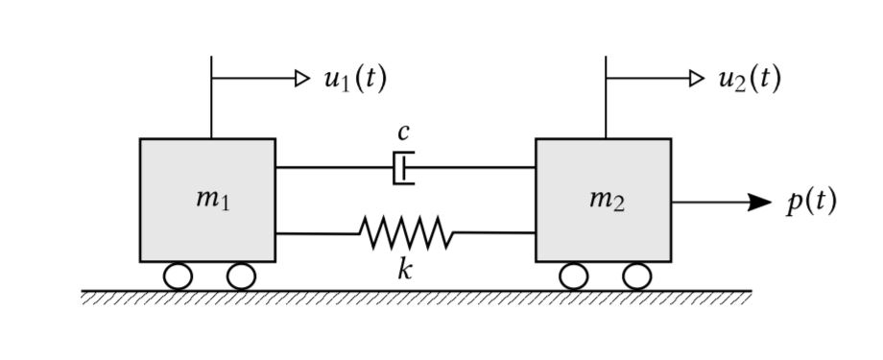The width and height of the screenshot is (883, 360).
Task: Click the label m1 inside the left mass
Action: tap(212, 199)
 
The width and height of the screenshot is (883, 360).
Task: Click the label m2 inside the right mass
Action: tap(607, 199)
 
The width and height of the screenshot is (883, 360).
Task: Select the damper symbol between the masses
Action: tap(404, 168)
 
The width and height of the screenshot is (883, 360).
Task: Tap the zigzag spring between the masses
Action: tap(406, 232)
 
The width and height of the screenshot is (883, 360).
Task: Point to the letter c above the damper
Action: tap(404, 132)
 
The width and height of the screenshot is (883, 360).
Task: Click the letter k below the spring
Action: tap(406, 268)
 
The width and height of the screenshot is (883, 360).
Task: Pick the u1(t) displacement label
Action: tap(354, 78)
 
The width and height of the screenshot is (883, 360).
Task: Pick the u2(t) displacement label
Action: tap(749, 78)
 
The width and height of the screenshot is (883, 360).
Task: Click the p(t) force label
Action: tap(811, 201)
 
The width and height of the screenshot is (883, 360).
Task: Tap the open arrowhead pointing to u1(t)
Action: tap(302, 78)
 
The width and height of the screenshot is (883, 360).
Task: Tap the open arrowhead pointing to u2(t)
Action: tap(697, 78)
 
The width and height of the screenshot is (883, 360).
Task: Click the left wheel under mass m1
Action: tap(178, 276)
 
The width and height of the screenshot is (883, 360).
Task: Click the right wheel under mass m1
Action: tap(241, 276)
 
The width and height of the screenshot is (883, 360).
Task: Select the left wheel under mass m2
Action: tap(573, 276)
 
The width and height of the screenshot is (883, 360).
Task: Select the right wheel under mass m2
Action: tap(636, 276)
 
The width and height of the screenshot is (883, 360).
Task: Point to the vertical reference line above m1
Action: tap(211, 106)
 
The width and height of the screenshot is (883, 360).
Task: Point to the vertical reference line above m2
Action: tap(606, 106)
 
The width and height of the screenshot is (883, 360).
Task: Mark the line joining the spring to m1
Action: tap(317, 232)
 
